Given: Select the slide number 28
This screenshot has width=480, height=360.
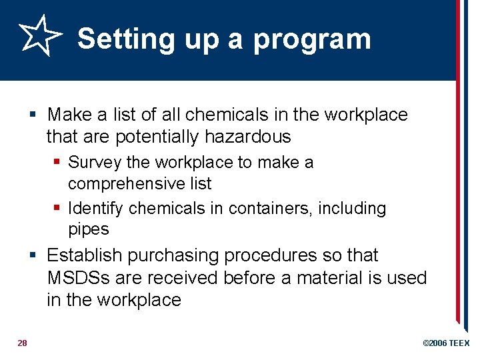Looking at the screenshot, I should pyautogui.click(x=22, y=343).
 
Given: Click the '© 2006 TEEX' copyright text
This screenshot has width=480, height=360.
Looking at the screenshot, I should pyautogui.click(x=446, y=343).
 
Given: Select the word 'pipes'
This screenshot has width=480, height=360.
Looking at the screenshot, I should pyautogui.click(x=88, y=229).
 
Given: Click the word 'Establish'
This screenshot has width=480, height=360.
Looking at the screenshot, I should pyautogui.click(x=85, y=255).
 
